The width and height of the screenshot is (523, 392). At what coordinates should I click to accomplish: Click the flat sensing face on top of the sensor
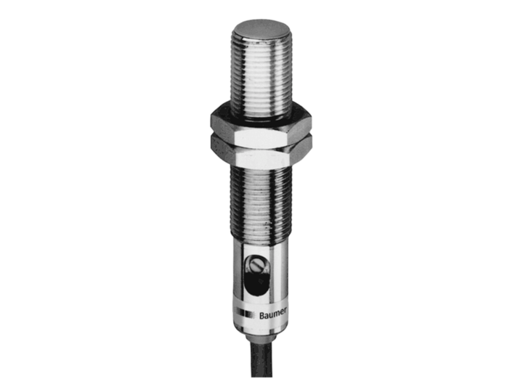click(x=261, y=29)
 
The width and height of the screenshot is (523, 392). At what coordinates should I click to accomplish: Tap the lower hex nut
click(x=259, y=150)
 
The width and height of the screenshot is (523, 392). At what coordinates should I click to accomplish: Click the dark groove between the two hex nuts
click(x=259, y=134)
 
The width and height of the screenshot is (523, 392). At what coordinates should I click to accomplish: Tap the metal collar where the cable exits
click(x=261, y=333)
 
